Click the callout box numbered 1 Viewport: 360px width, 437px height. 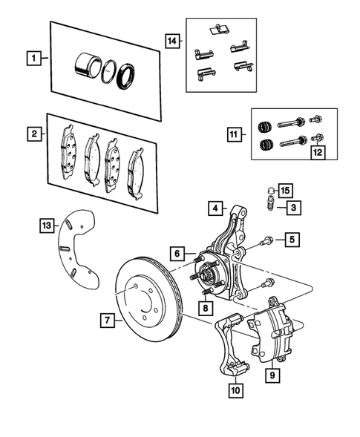(33, 56)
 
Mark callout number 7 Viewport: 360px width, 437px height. (108, 321)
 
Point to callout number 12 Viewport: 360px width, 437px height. (318, 153)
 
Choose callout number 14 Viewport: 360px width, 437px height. (173, 42)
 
